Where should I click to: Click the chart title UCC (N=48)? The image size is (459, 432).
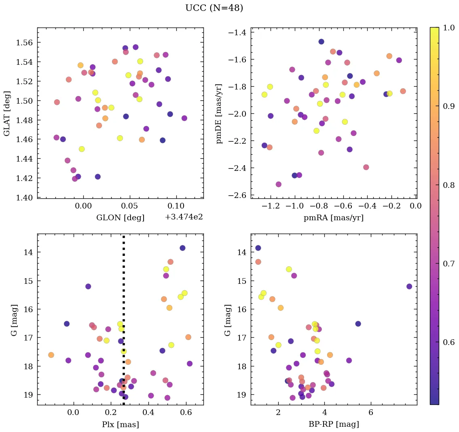point(214,8)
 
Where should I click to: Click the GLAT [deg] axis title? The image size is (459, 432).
point(7,113)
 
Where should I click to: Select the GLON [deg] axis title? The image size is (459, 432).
point(120,218)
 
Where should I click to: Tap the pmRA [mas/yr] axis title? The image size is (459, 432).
point(333,218)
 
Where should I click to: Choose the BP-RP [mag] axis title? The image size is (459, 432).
point(333,424)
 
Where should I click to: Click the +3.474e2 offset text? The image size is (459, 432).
point(184,217)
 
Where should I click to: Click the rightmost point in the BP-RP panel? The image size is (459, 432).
point(409,286)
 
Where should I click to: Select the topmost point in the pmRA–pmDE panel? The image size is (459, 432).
point(321,41)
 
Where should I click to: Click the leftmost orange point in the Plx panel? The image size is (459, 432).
point(51,355)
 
